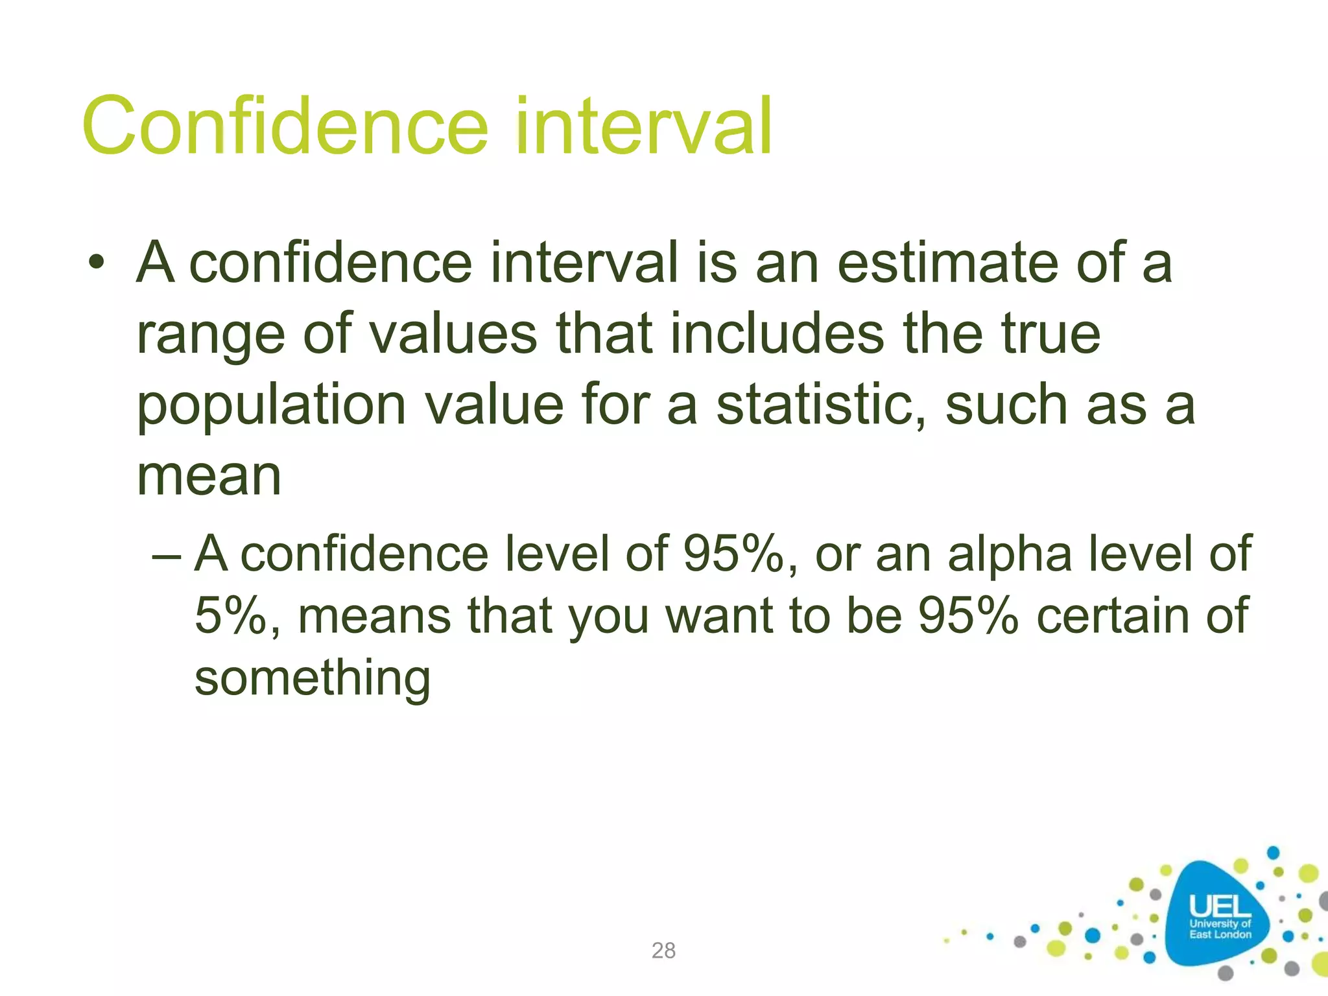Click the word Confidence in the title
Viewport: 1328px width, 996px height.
coord(285,126)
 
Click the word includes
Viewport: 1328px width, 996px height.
coord(777,334)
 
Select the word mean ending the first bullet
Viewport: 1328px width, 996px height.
coord(209,477)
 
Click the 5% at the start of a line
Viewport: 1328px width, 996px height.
coord(231,615)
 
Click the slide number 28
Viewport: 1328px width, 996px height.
coord(663,951)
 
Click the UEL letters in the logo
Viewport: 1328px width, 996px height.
coord(1220,907)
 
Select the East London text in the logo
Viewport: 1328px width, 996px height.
coord(1220,934)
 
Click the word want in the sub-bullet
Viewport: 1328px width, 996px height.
coord(719,615)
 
